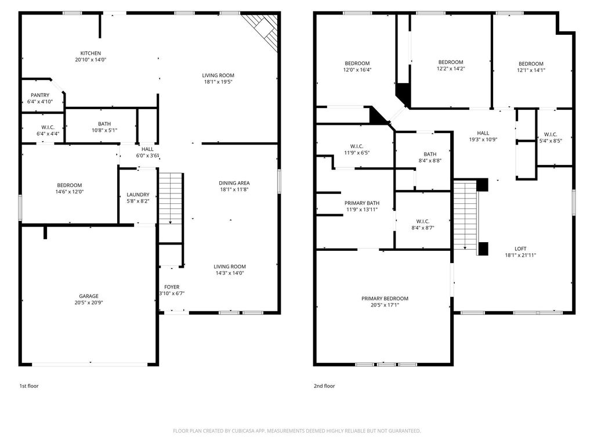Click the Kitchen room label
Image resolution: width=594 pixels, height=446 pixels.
coord(90,53)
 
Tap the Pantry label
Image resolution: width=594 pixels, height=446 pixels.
coord(40,95)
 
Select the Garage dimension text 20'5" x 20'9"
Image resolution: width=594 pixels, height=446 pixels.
coord(89,303)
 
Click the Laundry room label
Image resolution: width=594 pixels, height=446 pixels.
coord(138,195)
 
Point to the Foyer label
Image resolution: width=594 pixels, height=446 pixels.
coord(172,287)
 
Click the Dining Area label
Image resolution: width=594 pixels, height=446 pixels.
coord(234,183)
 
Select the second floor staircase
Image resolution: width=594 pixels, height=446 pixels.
coord(466,215)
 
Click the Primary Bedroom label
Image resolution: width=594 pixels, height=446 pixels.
coord(385,298)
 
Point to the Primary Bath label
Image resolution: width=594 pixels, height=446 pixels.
coord(362,203)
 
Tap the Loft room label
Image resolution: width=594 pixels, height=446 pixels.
coord(520,249)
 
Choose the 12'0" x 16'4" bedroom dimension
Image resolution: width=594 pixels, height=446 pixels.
coord(357,70)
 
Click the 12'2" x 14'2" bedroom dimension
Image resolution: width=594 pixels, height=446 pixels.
coord(451,69)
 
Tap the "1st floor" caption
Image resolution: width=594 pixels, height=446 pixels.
coord(29,386)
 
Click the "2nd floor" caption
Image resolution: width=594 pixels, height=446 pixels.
coord(324,386)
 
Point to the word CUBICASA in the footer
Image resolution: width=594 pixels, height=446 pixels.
coord(244,431)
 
